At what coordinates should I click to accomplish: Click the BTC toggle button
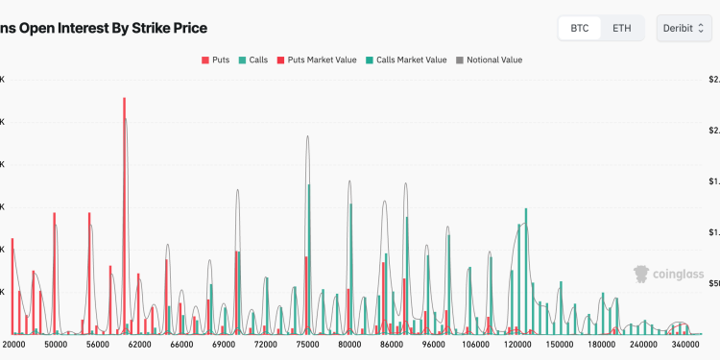[x=580, y=28]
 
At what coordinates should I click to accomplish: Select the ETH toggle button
[x=622, y=28]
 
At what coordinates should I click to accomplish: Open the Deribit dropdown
[x=684, y=28]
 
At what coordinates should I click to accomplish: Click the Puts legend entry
[x=217, y=60]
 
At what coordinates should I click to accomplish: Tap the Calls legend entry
[x=252, y=60]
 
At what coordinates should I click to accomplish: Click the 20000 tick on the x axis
[x=14, y=344]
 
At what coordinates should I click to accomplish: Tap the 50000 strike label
[x=56, y=344]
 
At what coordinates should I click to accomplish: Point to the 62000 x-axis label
[x=140, y=344]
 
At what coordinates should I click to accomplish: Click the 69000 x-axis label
[x=224, y=344]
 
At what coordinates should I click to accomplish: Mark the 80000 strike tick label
[x=349, y=344]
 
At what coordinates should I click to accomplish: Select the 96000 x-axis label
[x=434, y=344]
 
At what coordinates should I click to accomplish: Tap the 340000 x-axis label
[x=684, y=344]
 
